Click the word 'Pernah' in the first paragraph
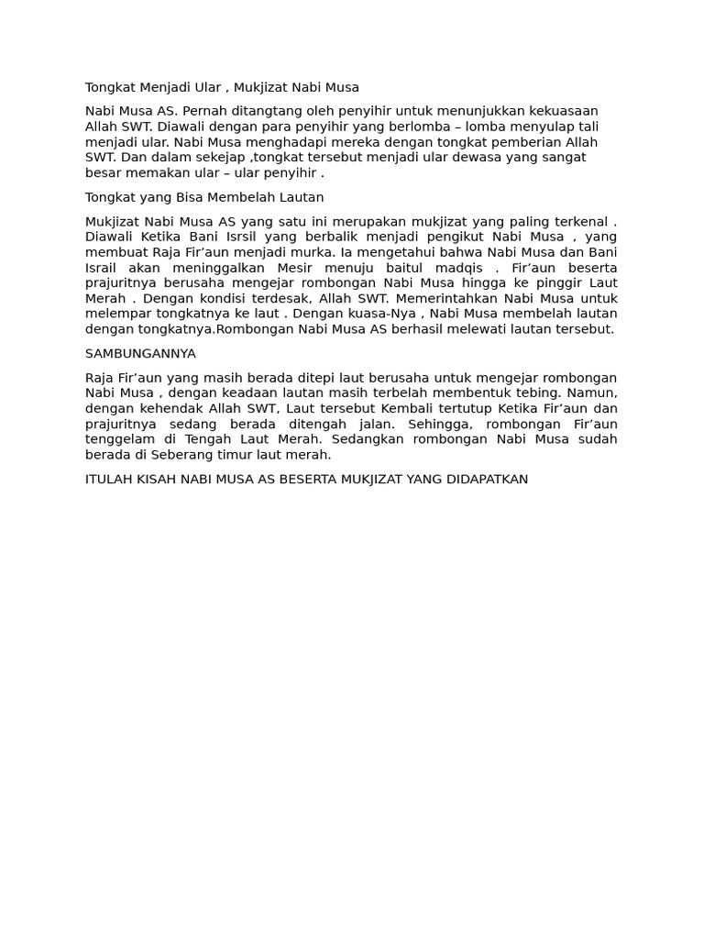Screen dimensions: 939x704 point(204,111)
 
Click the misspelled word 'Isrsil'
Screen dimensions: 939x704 point(247,238)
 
